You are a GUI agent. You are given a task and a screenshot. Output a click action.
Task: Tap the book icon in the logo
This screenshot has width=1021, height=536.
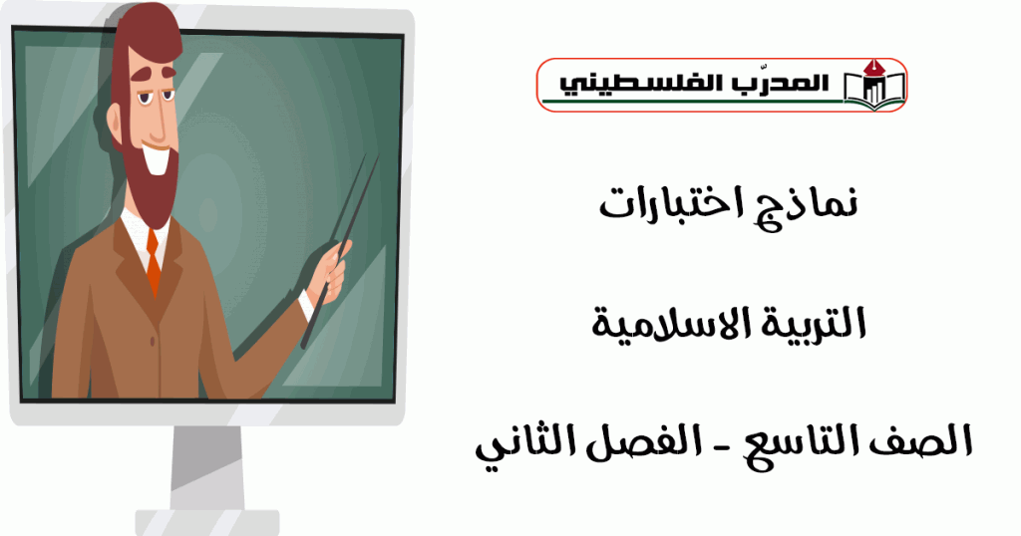[874, 85]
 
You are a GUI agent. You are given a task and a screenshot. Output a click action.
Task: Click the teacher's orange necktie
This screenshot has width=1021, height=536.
[153, 261]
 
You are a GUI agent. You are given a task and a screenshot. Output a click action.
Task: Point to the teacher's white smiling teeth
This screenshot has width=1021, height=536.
[157, 160]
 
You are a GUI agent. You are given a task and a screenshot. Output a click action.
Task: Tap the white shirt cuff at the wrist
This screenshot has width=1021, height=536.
[306, 305]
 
